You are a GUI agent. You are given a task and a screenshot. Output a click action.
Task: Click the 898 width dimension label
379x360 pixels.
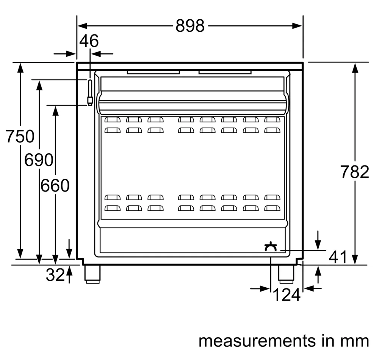(190, 26)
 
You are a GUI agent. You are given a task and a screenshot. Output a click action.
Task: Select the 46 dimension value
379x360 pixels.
(89, 41)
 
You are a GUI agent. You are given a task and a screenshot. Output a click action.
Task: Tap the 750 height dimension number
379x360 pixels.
(20, 136)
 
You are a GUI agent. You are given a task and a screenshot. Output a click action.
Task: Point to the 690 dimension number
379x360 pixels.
(39, 160)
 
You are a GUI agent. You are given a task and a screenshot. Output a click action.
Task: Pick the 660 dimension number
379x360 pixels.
(55, 185)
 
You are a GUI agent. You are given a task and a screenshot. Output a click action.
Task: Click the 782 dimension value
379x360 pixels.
(355, 171)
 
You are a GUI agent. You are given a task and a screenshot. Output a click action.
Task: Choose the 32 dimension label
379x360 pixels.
(55, 275)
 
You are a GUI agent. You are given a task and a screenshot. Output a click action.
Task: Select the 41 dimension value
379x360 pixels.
(338, 257)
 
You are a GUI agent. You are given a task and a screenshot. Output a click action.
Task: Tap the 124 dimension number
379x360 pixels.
(287, 295)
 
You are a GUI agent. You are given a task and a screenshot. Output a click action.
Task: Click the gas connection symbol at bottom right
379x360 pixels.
(271, 246)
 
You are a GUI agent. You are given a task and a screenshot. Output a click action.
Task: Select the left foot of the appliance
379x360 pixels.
(92, 274)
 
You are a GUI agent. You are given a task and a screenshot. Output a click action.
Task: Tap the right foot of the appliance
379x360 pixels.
(286, 274)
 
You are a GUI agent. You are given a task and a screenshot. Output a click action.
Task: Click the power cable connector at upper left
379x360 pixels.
(90, 93)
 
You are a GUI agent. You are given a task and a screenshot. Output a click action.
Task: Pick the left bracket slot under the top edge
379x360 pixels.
(153, 72)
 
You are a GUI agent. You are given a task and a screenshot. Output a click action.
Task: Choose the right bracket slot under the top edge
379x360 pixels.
(225, 72)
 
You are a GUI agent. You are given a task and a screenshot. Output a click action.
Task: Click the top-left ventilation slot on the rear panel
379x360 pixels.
(113, 120)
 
